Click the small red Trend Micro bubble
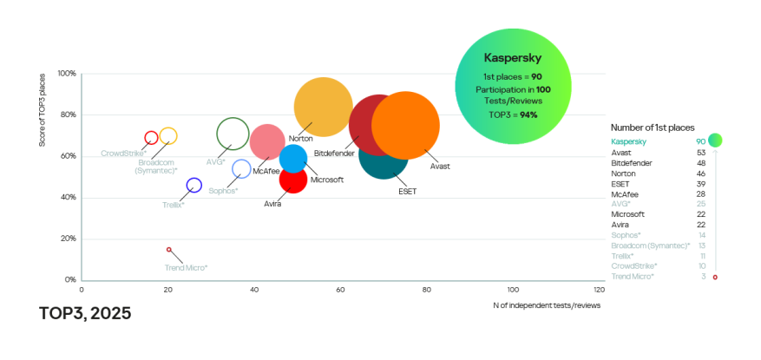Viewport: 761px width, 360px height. pos(169,250)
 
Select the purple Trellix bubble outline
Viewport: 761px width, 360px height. pos(194,185)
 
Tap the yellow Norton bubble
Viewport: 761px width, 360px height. pos(323,107)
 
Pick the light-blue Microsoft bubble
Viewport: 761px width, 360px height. pos(293,158)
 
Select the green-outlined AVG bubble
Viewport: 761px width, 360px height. pos(233,134)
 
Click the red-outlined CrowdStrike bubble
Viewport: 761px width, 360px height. pos(151,138)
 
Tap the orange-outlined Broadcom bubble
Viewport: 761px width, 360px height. pos(168,136)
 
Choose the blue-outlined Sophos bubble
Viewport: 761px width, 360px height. pos(241,169)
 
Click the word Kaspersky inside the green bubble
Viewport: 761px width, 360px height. pos(513,59)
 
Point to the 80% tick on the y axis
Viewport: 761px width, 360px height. pos(68,115)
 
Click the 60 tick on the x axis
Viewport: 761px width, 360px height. pos(340,289)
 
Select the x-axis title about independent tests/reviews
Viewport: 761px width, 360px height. pos(547,304)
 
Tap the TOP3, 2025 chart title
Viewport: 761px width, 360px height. pos(85,313)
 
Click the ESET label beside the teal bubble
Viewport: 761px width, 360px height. pos(407,190)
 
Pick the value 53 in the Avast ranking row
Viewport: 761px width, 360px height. pos(700,152)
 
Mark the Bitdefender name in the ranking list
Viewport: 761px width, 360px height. pos(633,162)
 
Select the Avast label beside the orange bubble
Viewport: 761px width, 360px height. pos(440,166)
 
